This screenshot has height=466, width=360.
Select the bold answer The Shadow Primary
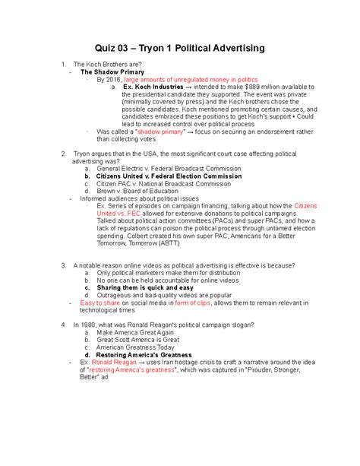(x=113, y=71)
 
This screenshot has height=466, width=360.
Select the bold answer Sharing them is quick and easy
(x=145, y=287)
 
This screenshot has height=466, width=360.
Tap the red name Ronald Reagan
(x=117, y=362)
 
